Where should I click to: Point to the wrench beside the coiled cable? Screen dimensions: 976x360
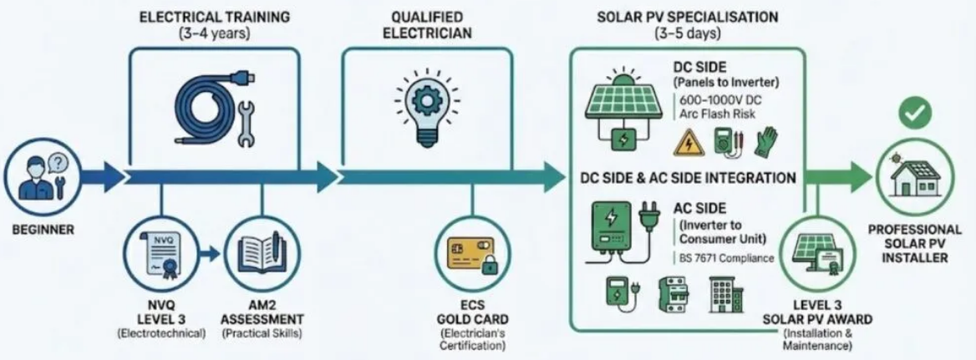(247, 124)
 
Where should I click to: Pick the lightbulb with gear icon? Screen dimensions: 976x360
(426, 106)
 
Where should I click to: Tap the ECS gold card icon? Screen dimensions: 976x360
(471, 255)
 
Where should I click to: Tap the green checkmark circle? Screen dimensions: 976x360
(915, 113)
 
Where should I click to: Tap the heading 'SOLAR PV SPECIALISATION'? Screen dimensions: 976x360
(687, 16)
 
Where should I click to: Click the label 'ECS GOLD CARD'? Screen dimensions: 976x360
(472, 313)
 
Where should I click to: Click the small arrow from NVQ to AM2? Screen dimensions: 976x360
(211, 254)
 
